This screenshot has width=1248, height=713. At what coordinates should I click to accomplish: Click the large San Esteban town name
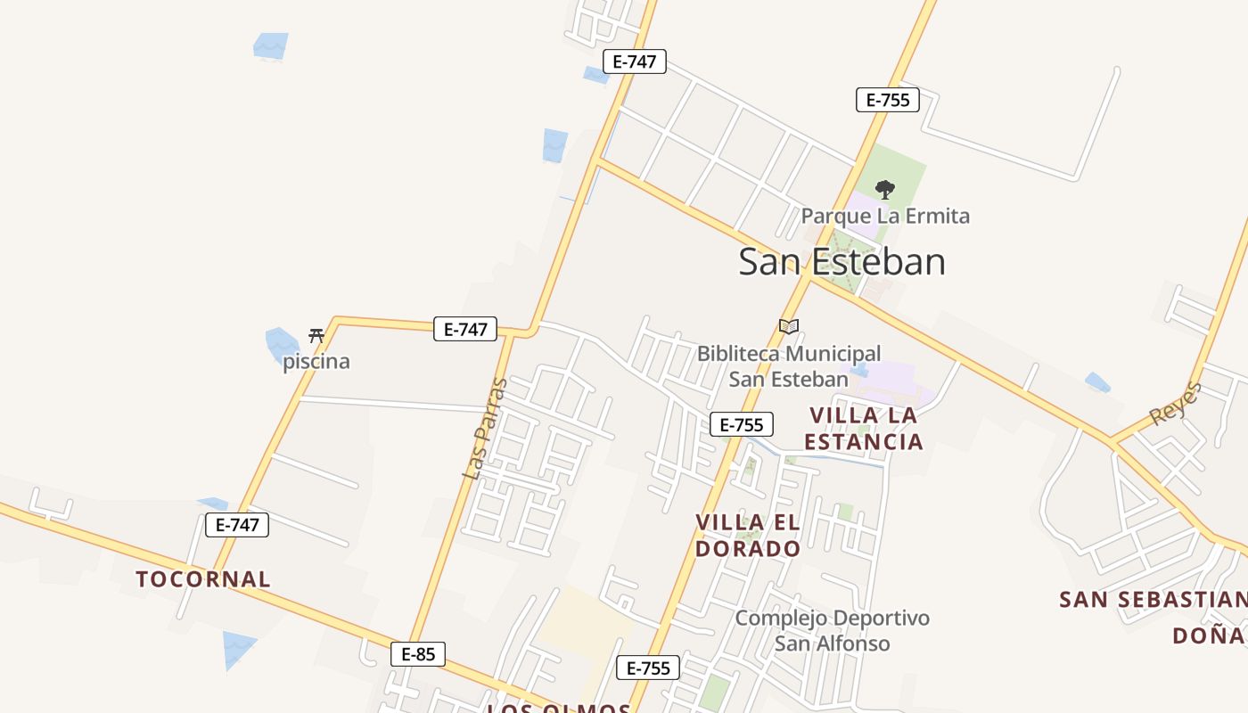pyautogui.click(x=842, y=262)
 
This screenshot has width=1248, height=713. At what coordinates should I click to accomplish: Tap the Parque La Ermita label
pyautogui.click(x=884, y=216)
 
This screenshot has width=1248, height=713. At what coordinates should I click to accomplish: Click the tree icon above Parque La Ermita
pyautogui.click(x=884, y=189)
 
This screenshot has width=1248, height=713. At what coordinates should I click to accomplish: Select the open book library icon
pyautogui.click(x=788, y=326)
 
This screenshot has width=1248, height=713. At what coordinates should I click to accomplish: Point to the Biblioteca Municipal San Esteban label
pyautogui.click(x=789, y=366)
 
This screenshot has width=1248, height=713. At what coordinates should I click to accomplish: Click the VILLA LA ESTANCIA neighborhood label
pyautogui.click(x=863, y=428)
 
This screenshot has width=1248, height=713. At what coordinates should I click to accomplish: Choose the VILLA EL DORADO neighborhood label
pyautogui.click(x=748, y=535)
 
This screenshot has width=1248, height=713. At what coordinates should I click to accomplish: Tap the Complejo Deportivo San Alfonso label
pyautogui.click(x=832, y=630)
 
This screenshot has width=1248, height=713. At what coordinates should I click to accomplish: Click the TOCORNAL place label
pyautogui.click(x=203, y=579)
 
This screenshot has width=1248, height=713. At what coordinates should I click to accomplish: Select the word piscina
pyautogui.click(x=316, y=362)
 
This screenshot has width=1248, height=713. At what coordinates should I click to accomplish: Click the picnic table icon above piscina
pyautogui.click(x=316, y=336)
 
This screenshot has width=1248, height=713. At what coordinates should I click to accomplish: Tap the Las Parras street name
pyautogui.click(x=485, y=429)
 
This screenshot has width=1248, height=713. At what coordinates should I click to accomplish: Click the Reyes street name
pyautogui.click(x=1176, y=403)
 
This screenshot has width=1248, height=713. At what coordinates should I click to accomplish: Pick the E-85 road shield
pyautogui.click(x=418, y=654)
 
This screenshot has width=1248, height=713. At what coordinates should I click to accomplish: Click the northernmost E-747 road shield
pyautogui.click(x=635, y=61)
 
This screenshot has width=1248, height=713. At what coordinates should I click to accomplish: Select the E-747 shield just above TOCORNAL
pyautogui.click(x=237, y=525)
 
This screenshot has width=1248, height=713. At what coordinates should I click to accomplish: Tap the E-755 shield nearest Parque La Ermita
pyautogui.click(x=888, y=100)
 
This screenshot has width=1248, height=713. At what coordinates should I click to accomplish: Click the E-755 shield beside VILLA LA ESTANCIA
pyautogui.click(x=742, y=425)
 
